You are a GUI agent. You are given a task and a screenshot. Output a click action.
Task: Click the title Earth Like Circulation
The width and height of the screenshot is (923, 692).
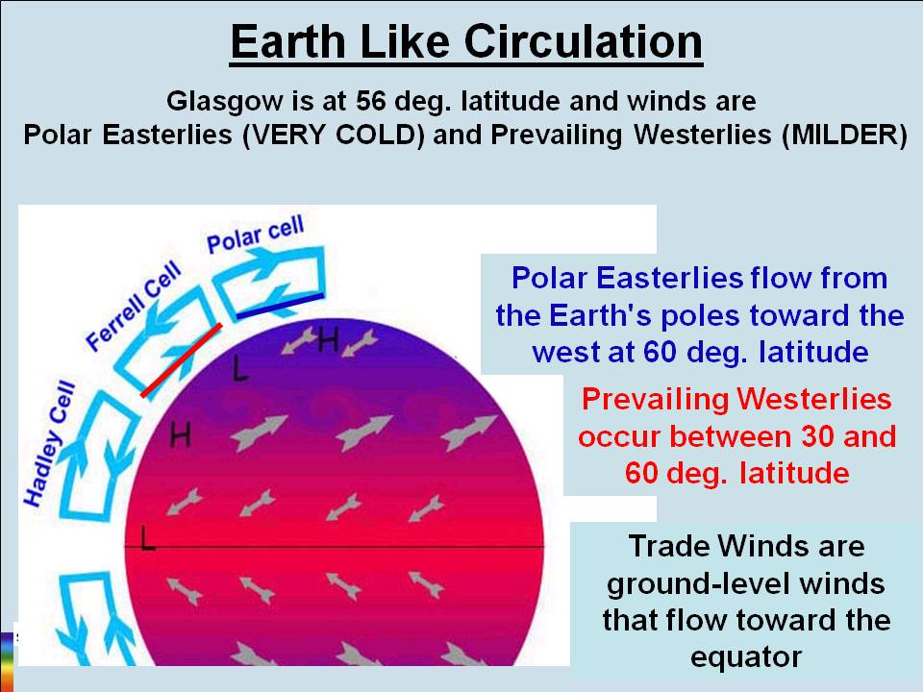coord(466,42)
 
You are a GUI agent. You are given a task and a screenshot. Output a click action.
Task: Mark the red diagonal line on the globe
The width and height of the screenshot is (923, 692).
coord(182,359)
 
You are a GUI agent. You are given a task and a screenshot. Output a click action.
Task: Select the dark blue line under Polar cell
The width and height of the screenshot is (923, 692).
coord(280,304)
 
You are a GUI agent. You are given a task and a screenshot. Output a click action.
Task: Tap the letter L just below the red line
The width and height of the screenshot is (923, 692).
coord(240,369)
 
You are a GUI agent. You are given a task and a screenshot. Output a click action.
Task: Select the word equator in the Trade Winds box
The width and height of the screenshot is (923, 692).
coord(745,656)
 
